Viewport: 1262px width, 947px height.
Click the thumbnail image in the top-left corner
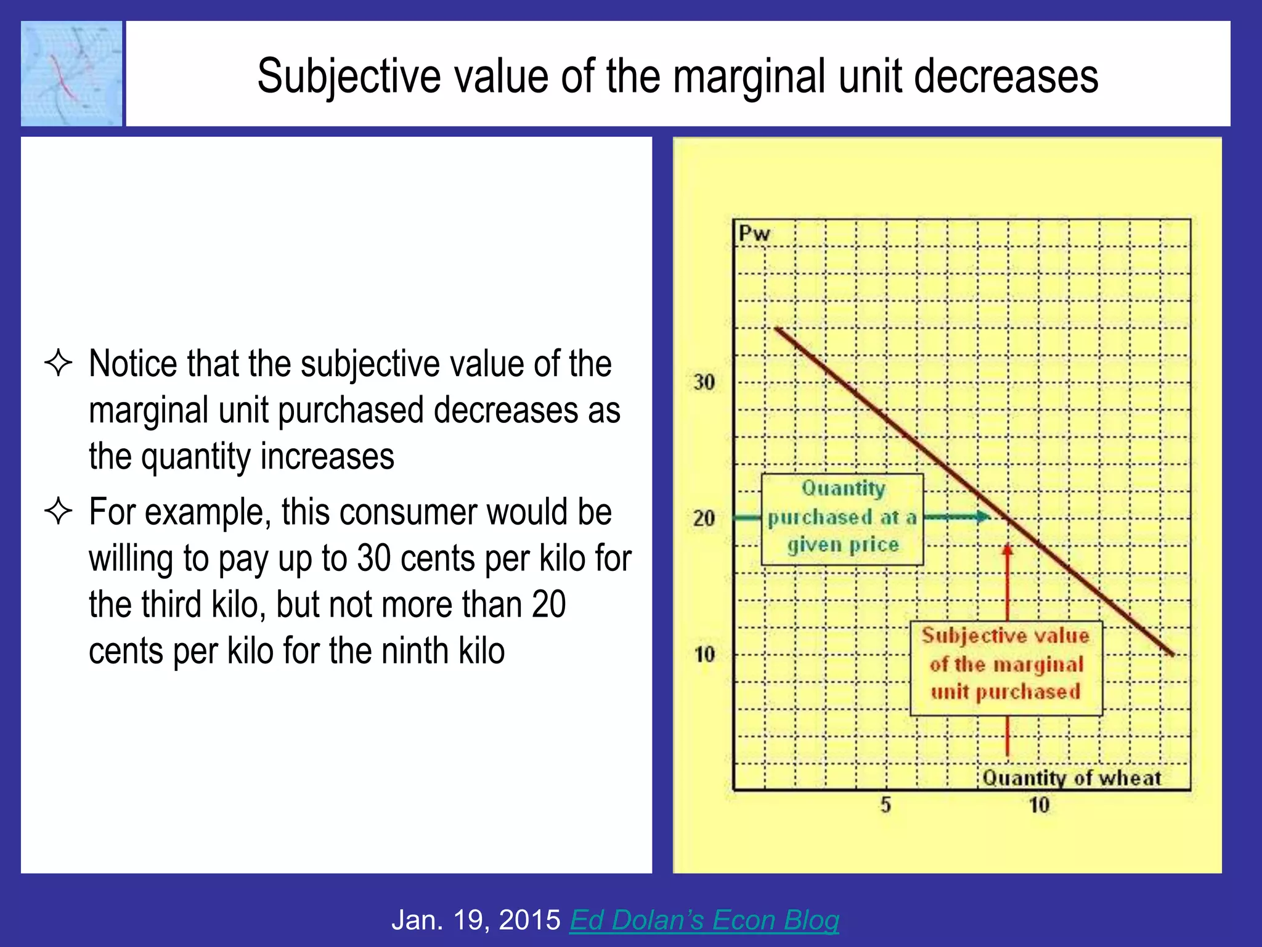click(71, 73)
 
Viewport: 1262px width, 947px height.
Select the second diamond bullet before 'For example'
click(59, 511)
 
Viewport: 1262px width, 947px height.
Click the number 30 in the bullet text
click(374, 558)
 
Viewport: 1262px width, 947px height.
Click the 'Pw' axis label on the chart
click(754, 234)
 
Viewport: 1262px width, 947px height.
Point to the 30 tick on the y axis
click(704, 382)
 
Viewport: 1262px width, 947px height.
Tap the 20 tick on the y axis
click(704, 518)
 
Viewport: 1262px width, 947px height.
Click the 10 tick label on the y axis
click(704, 654)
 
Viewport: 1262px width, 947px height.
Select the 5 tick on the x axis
click(885, 805)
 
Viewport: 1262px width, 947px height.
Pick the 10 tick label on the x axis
click(1039, 805)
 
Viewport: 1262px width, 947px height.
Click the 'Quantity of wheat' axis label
click(1071, 778)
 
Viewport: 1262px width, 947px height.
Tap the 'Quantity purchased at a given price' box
click(842, 519)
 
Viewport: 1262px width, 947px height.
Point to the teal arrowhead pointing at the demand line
click(983, 517)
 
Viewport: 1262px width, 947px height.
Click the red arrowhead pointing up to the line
click(1008, 549)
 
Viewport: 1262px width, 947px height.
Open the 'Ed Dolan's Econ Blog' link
click(704, 919)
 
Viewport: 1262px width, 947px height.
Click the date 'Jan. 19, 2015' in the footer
click(476, 919)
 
